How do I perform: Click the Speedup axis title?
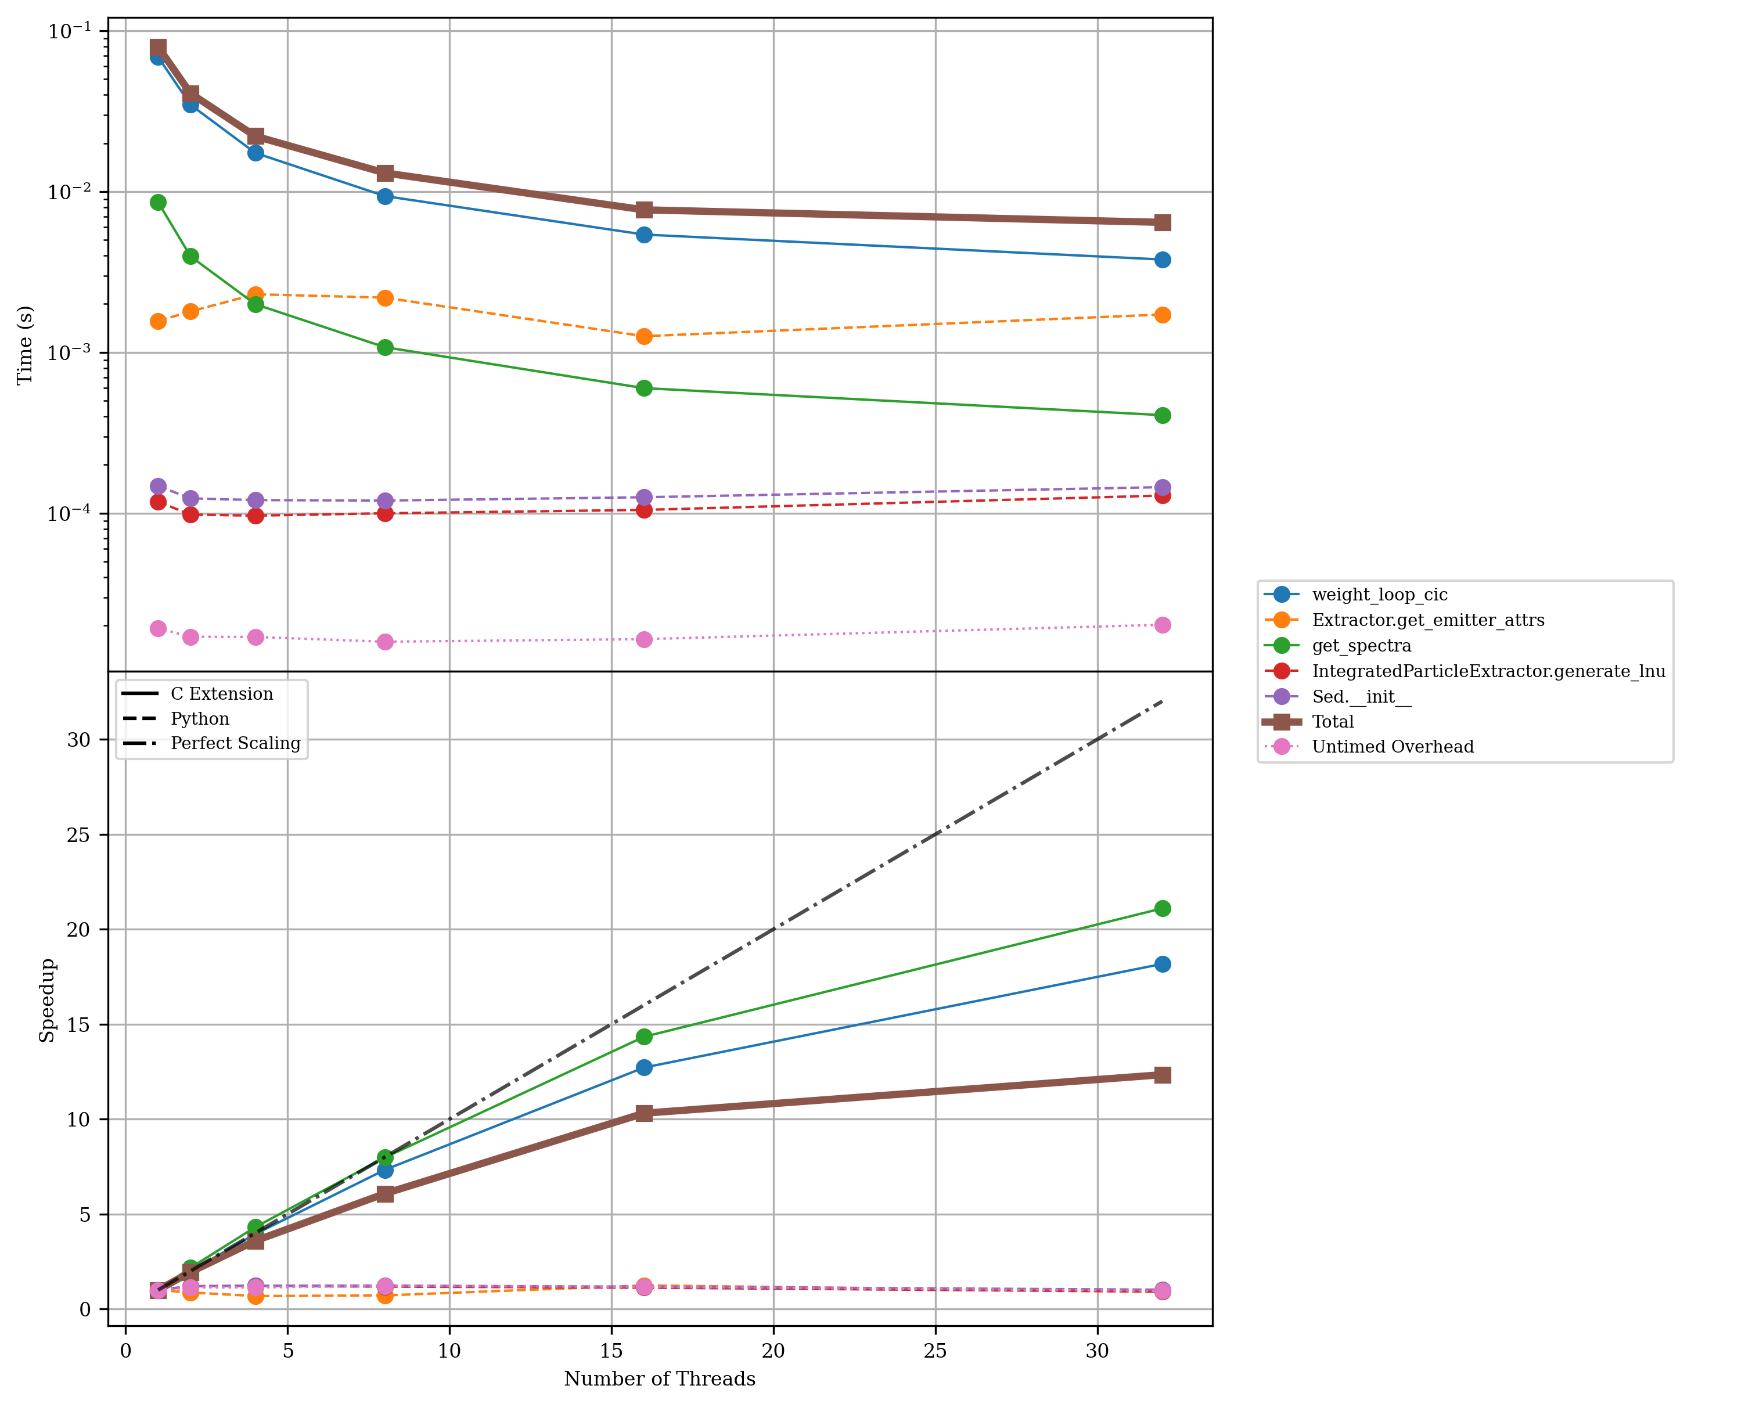pyautogui.click(x=47, y=1000)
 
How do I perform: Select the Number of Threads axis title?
pyautogui.click(x=660, y=1379)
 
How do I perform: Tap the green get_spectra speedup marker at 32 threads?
pyautogui.click(x=1162, y=909)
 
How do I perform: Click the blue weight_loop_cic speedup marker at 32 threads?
pyautogui.click(x=1162, y=964)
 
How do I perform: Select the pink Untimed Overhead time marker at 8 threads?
pyautogui.click(x=385, y=642)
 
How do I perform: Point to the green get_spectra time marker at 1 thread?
pyautogui.click(x=158, y=202)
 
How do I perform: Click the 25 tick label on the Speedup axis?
pyautogui.click(x=78, y=835)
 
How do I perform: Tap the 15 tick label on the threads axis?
pyautogui.click(x=611, y=1351)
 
